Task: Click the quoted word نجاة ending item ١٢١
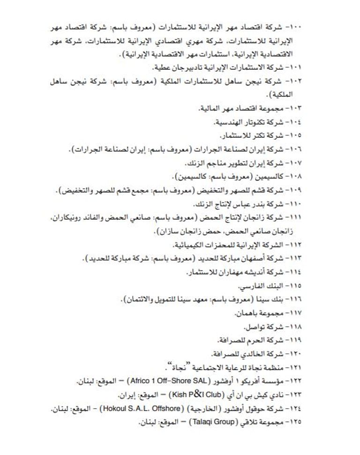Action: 172,366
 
